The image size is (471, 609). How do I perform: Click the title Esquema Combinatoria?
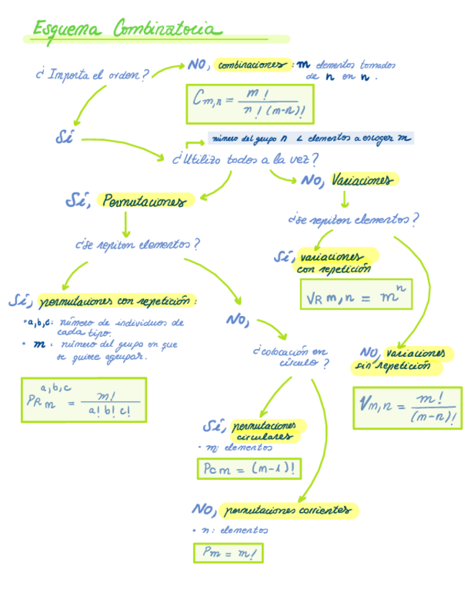tap(126, 30)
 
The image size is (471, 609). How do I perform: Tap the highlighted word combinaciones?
tap(252, 65)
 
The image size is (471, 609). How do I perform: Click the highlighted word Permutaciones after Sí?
tap(148, 201)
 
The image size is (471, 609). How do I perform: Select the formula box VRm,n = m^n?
tap(356, 294)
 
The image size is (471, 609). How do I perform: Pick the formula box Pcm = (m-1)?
tap(249, 469)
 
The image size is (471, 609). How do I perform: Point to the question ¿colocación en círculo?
tap(292, 357)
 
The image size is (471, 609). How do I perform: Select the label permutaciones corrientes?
tap(288, 511)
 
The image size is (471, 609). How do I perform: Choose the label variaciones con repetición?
tap(334, 262)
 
